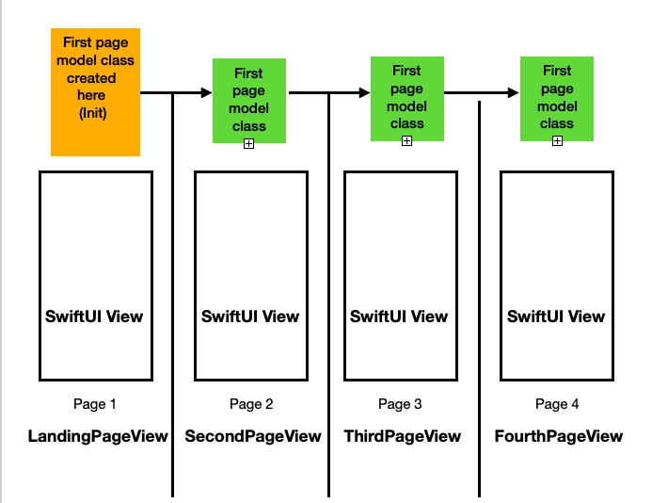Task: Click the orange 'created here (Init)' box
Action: click(x=95, y=92)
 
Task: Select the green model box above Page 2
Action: click(x=249, y=101)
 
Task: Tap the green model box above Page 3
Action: click(x=407, y=99)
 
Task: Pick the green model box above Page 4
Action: click(x=557, y=99)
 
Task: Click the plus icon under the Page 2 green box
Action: click(x=248, y=144)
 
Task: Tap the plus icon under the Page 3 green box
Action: click(x=407, y=141)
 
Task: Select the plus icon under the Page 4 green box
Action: click(x=557, y=141)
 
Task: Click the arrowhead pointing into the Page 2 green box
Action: click(x=207, y=92)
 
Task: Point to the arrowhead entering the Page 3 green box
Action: click(x=365, y=92)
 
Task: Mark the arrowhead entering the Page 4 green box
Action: click(x=514, y=92)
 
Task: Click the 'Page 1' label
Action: click(x=94, y=404)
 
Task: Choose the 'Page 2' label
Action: click(x=251, y=404)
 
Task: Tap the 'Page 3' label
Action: click(x=400, y=404)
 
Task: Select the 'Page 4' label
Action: click(x=557, y=404)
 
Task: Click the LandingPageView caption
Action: click(x=98, y=436)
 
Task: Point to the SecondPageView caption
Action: click(x=253, y=436)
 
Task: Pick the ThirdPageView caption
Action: click(x=403, y=436)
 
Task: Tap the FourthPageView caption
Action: click(x=559, y=436)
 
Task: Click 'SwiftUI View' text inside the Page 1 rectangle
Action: click(x=94, y=316)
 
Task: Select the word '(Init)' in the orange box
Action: click(x=93, y=113)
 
